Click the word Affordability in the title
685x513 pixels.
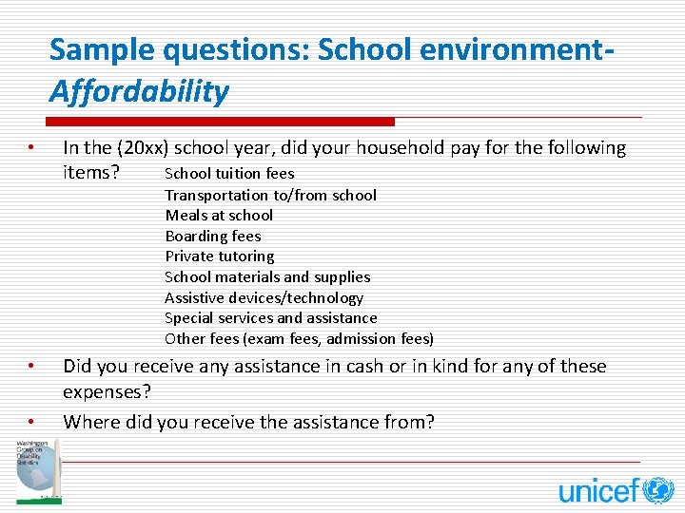click(x=139, y=92)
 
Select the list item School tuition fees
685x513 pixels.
click(x=229, y=174)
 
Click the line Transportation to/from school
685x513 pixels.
click(x=270, y=196)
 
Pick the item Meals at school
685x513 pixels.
click(x=219, y=216)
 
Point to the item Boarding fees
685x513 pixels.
click(x=212, y=237)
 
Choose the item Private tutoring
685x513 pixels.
click(x=219, y=256)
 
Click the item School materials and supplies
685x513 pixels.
click(x=267, y=277)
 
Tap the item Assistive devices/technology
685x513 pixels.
click(x=264, y=298)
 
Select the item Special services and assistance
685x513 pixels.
click(x=270, y=318)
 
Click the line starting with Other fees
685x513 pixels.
click(x=299, y=339)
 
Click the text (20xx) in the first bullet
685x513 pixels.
click(x=142, y=148)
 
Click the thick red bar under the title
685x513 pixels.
click(x=220, y=122)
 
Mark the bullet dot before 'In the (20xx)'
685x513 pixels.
click(x=31, y=148)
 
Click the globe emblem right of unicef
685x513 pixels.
click(x=657, y=490)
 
